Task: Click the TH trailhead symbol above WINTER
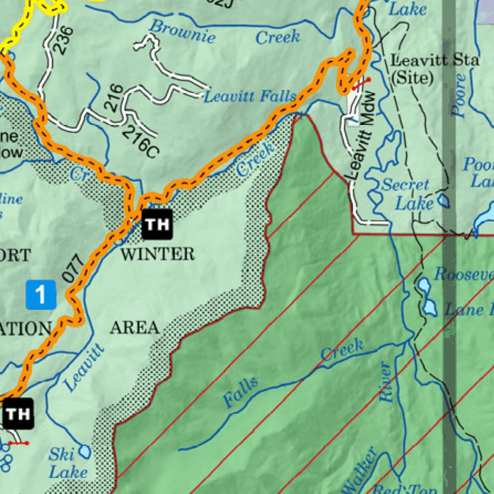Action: click(157, 224)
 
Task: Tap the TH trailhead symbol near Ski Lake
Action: click(18, 413)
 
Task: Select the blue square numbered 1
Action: click(41, 294)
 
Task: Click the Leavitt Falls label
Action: click(249, 96)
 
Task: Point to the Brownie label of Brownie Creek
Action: click(182, 32)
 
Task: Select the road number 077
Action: click(74, 269)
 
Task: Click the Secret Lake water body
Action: click(443, 200)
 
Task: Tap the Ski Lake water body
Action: click(85, 452)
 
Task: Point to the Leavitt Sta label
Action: click(435, 61)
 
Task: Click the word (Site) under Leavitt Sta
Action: click(411, 78)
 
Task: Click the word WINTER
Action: click(157, 254)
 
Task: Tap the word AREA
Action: click(135, 328)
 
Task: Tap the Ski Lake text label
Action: click(68, 463)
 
